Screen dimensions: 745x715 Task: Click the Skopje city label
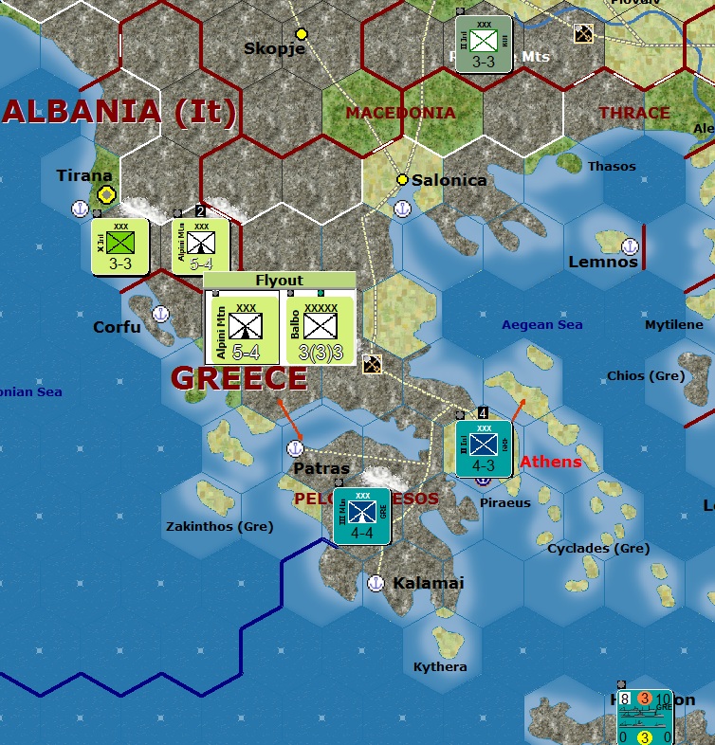pos(274,48)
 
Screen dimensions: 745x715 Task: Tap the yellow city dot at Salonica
pos(402,179)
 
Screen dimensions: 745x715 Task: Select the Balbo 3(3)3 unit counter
pos(321,329)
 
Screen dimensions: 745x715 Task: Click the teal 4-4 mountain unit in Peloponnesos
pos(361,516)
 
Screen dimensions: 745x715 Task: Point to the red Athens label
pos(550,462)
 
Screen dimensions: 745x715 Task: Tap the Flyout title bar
pos(280,281)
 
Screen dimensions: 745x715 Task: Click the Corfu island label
pos(117,327)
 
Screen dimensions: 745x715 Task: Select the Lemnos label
pos(603,262)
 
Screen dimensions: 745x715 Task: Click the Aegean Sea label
pos(541,325)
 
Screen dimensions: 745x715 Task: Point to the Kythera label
pos(440,666)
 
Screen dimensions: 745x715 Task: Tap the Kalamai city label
pos(429,583)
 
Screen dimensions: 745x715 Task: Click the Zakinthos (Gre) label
pos(219,526)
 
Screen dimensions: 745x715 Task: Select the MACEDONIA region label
pos(400,113)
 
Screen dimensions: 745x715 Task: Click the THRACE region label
pos(634,113)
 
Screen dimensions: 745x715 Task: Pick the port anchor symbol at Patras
pos(296,448)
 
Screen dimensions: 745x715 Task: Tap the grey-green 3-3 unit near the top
pos(484,44)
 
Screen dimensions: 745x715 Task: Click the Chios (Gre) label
pos(645,375)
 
